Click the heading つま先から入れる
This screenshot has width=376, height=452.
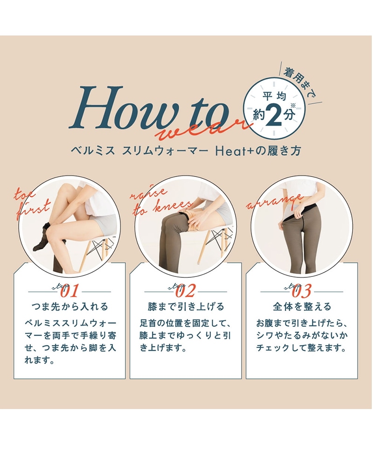(70, 307)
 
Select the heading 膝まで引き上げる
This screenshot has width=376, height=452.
(186, 307)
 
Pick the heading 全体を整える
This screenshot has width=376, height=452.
(302, 307)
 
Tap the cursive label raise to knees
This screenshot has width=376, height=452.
(158, 201)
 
